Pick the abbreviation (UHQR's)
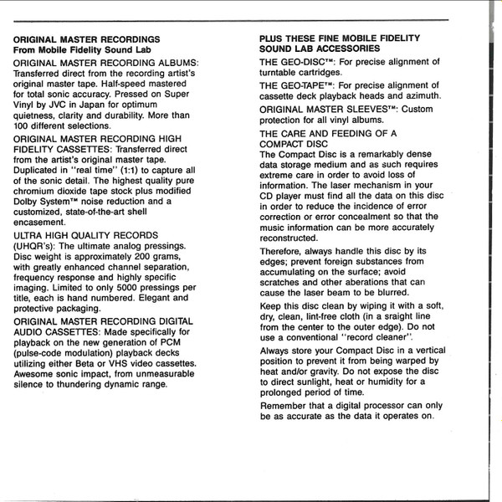click(x=38, y=248)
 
